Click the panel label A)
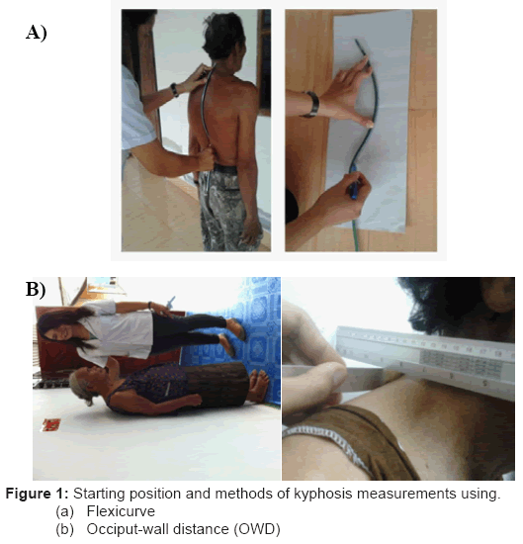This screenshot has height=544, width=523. click(x=36, y=34)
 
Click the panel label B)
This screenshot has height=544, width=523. click(x=36, y=289)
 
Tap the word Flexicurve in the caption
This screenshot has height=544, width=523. click(x=121, y=511)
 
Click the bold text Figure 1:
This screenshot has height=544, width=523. click(x=38, y=494)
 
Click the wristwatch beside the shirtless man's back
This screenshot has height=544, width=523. click(x=174, y=90)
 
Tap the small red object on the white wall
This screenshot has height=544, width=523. click(x=51, y=425)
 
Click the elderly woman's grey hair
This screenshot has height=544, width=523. click(x=80, y=387)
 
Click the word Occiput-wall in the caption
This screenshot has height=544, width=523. click(x=127, y=529)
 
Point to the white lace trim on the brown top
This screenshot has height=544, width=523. click(x=326, y=442)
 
